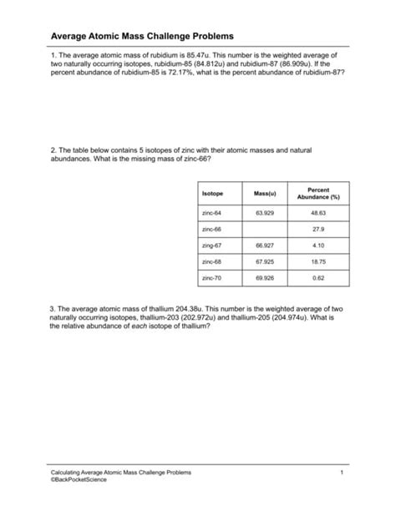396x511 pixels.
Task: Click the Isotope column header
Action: click(213, 194)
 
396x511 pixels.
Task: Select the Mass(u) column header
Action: click(265, 194)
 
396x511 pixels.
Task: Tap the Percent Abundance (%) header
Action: click(318, 194)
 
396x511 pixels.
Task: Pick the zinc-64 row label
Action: click(212, 213)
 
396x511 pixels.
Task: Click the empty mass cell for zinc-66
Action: click(265, 229)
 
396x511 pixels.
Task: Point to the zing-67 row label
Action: click(212, 245)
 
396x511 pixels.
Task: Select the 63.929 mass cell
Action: click(265, 213)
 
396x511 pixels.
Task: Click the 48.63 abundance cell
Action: click(318, 213)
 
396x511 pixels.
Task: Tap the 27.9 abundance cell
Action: click(318, 229)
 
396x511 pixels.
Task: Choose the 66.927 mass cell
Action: click(265, 245)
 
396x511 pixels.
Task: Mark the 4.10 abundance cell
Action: click(318, 245)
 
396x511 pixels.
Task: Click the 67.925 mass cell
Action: click(265, 261)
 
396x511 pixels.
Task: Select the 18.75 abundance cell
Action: click(318, 261)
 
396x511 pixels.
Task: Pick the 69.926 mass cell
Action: click(265, 276)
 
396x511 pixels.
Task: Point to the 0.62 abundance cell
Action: click(318, 276)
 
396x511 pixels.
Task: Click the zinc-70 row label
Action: click(212, 276)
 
